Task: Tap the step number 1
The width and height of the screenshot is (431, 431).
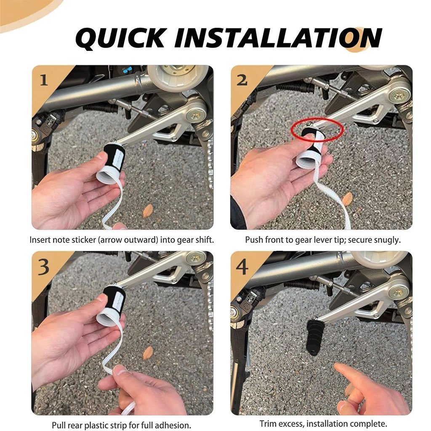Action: pyautogui.click(x=44, y=80)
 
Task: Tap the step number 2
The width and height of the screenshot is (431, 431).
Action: pyautogui.click(x=242, y=80)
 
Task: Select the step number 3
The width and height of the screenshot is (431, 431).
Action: pyautogui.click(x=44, y=267)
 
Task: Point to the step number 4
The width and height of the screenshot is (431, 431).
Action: pyautogui.click(x=242, y=267)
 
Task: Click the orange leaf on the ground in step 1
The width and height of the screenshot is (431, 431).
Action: pyautogui.click(x=148, y=210)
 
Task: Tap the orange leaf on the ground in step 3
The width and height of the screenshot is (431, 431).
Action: pyautogui.click(x=148, y=353)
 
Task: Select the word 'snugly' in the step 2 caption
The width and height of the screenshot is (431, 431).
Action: pyautogui.click(x=388, y=240)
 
